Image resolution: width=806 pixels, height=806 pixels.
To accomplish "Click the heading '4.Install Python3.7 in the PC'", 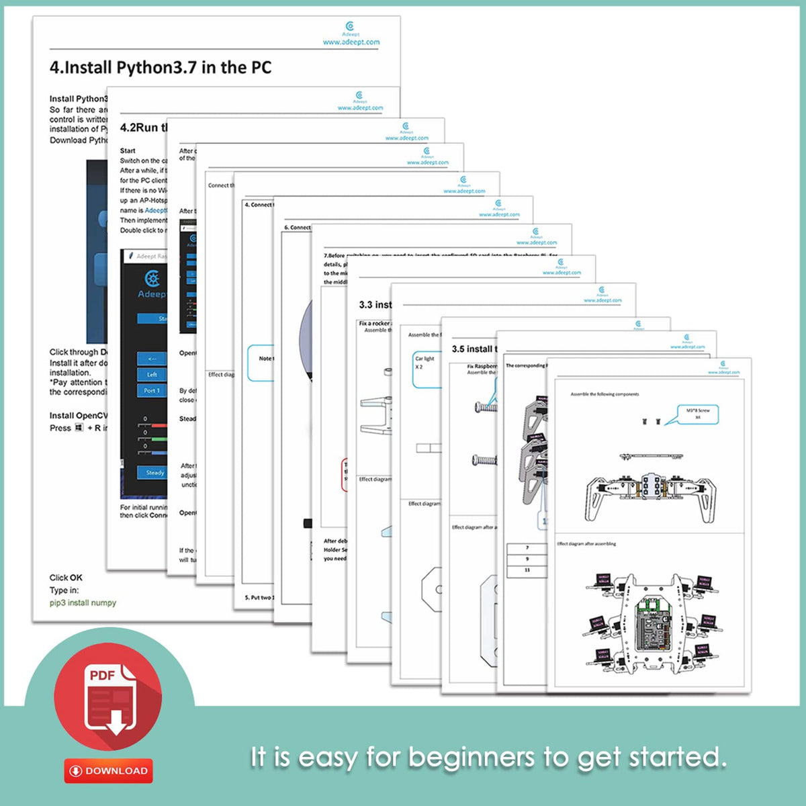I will coord(161,68).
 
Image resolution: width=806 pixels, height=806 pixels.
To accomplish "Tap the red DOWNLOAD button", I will coord(109,770).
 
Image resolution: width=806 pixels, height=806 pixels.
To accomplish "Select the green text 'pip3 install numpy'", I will coord(83,603).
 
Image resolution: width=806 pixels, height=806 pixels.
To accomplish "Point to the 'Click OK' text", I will coord(66,578).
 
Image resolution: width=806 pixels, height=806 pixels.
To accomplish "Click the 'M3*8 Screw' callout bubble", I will coord(697,414).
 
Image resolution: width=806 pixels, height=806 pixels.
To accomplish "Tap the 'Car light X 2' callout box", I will coord(425,368).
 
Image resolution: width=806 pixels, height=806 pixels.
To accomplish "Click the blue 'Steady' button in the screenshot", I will coord(154,473).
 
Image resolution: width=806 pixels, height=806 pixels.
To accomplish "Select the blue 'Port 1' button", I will coord(152,390).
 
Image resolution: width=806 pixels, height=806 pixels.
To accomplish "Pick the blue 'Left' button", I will coord(152,374).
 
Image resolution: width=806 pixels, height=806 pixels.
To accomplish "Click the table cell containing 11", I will coord(527,570).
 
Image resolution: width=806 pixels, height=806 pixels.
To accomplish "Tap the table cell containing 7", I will coord(527,548).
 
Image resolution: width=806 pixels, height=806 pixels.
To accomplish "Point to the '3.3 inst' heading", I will coord(375,305).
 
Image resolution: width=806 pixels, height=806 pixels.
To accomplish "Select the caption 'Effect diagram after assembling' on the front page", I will coord(586,544).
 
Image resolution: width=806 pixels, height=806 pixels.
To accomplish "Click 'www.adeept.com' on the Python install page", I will coord(351,42).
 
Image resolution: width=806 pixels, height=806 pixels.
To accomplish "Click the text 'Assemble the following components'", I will coord(604,394).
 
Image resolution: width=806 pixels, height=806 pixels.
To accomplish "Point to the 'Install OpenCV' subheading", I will coord(79,416).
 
